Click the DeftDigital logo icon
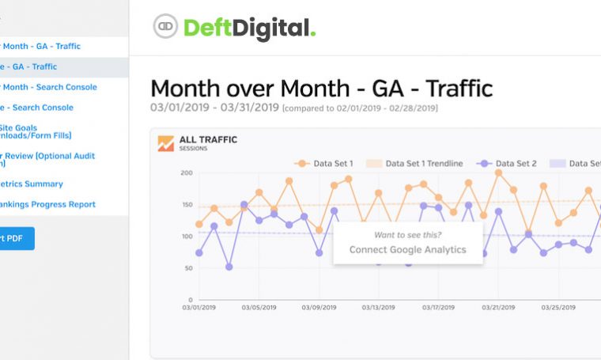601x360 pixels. click(x=165, y=27)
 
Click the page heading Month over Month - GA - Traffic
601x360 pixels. click(x=321, y=88)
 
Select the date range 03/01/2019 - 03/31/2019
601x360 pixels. click(x=214, y=108)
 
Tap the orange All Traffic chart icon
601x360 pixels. click(x=165, y=143)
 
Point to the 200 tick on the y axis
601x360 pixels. click(x=187, y=172)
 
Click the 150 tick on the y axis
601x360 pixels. click(x=187, y=204)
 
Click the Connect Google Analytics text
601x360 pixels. click(x=407, y=250)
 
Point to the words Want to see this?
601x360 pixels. click(x=407, y=234)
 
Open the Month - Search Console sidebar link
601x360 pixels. click(x=48, y=87)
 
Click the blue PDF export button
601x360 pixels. click(x=16, y=238)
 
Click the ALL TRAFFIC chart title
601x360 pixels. click(x=208, y=139)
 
